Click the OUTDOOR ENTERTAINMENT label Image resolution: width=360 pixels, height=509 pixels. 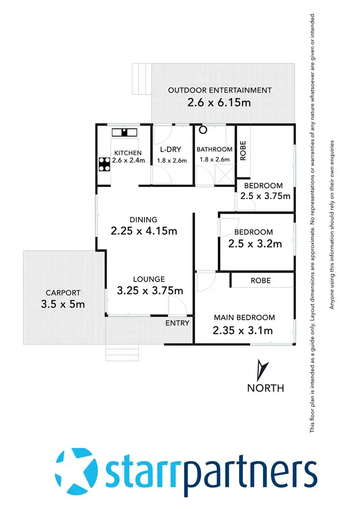(x=219, y=90)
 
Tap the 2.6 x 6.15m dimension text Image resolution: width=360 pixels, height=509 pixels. (x=219, y=103)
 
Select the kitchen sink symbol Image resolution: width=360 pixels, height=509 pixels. (x=124, y=132)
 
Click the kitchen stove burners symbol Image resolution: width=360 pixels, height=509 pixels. (x=104, y=165)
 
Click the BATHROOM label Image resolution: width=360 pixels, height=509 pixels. (x=214, y=150)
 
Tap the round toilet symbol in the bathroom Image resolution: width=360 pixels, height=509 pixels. (x=203, y=130)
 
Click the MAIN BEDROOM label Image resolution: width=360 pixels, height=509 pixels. (x=244, y=318)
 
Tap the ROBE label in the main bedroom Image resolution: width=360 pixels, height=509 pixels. (x=261, y=280)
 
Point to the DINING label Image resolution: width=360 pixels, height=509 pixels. (x=144, y=220)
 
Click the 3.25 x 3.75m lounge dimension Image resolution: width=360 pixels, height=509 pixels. (x=150, y=290)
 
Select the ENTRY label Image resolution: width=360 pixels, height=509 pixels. (x=178, y=323)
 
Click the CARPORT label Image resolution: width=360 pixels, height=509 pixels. (x=63, y=293)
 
